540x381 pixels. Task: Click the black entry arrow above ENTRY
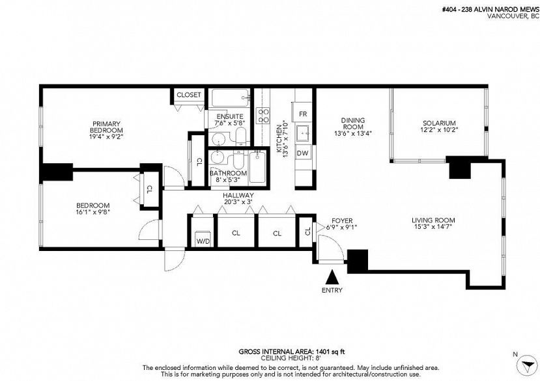click(333, 277)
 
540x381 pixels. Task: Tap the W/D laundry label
click(203, 241)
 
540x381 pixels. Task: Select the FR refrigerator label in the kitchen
click(303, 114)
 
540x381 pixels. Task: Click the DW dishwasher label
click(303, 153)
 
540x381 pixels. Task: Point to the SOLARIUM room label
click(438, 123)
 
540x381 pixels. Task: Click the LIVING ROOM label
click(433, 220)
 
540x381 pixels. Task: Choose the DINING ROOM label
click(352, 124)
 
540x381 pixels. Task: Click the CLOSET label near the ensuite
click(190, 95)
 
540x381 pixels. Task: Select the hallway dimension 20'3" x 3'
click(238, 202)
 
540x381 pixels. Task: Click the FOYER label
click(342, 220)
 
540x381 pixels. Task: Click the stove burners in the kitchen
click(264, 116)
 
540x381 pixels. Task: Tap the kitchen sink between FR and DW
click(303, 134)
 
